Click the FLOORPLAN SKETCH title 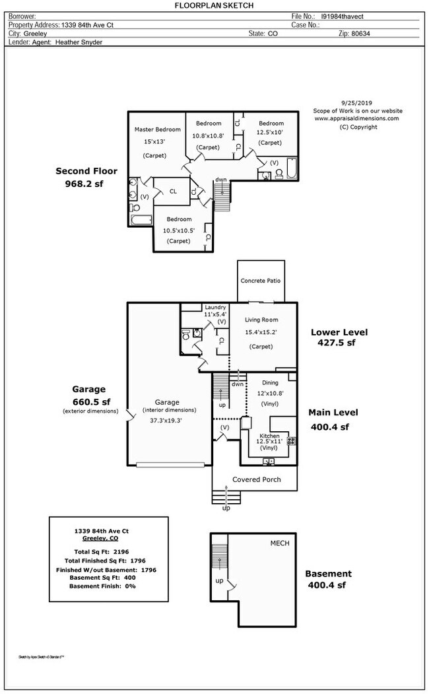[x=213, y=5]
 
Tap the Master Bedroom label [x=157, y=129]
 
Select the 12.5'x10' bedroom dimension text [x=271, y=133]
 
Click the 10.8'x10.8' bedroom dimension [x=208, y=136]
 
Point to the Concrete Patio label [x=260, y=281]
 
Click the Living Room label [x=261, y=320]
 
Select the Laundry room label [x=215, y=307]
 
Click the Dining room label [x=270, y=382]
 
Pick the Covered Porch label [x=257, y=479]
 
